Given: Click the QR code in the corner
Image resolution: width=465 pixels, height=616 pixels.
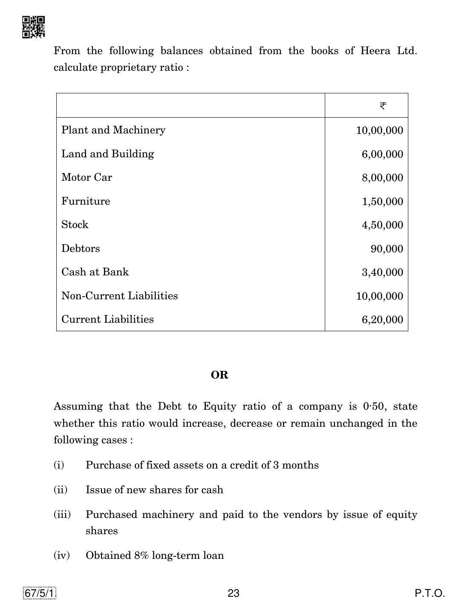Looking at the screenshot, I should point(33,27).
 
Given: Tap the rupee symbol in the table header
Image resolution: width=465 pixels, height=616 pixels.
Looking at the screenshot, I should point(383,106).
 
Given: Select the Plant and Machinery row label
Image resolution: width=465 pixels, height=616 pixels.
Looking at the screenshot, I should point(113,130).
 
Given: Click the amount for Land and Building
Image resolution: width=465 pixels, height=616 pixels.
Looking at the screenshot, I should point(382,154).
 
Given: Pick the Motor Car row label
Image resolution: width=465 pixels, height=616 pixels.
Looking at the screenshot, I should point(87,177).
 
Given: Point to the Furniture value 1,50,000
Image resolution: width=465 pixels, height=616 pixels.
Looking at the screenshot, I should point(382,202).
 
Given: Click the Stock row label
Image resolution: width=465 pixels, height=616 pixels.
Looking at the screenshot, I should point(75,225).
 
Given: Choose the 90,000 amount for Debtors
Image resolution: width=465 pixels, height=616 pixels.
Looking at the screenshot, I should point(387,249).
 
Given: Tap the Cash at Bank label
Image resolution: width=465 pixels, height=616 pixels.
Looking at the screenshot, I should point(95,272).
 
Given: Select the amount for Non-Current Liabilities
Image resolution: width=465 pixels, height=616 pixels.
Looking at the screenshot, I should point(379,296).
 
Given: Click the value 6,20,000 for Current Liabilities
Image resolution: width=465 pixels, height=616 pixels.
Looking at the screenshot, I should point(382,320).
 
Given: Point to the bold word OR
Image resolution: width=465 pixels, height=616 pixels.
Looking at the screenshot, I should point(220,375).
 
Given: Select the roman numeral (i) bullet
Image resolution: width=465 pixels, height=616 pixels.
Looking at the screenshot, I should point(59,465).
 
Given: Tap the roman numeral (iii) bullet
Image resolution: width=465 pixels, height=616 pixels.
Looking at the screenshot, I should point(62,515).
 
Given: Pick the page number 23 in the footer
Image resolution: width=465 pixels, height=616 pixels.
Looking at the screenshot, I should point(234,593).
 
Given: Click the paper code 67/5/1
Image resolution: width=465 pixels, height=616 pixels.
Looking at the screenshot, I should point(40,593).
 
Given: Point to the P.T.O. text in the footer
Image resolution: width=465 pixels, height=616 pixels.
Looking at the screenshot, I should point(430,593).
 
